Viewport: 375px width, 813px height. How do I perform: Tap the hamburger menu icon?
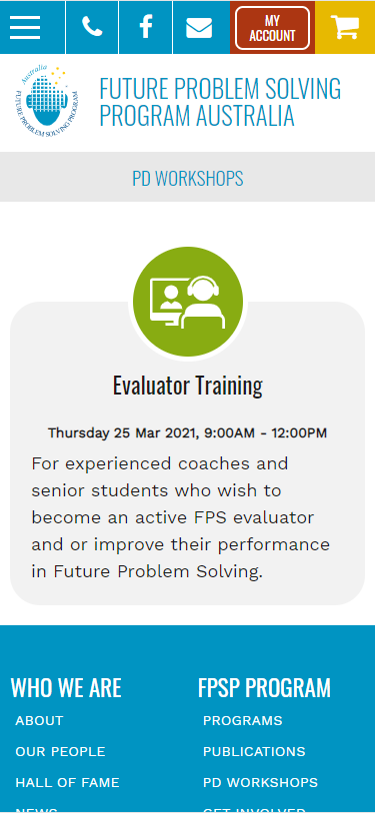[x=25, y=27]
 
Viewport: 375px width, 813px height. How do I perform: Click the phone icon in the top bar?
[x=92, y=27]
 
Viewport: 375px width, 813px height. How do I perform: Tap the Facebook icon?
[x=146, y=27]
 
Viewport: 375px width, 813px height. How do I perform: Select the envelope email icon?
[x=199, y=27]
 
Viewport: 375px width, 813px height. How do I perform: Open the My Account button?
[x=272, y=28]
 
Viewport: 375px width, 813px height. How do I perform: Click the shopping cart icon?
[x=345, y=27]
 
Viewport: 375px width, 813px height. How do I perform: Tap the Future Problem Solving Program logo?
[x=48, y=102]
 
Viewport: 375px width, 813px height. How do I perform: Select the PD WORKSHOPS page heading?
[x=188, y=179]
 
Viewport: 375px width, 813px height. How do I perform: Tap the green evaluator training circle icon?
[x=188, y=302]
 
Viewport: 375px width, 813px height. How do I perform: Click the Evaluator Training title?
[x=188, y=386]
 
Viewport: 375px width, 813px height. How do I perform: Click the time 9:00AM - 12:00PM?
[x=265, y=433]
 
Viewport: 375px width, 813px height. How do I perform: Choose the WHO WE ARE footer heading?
[x=66, y=687]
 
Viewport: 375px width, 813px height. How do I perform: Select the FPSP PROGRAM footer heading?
[x=264, y=687]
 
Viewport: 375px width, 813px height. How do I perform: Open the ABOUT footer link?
[x=39, y=720]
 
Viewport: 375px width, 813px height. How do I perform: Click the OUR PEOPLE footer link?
[x=60, y=751]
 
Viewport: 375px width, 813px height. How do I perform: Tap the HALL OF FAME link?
[x=67, y=782]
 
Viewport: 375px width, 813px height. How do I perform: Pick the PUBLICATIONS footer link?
[x=254, y=751]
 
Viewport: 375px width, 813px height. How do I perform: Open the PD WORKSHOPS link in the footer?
[x=260, y=782]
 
